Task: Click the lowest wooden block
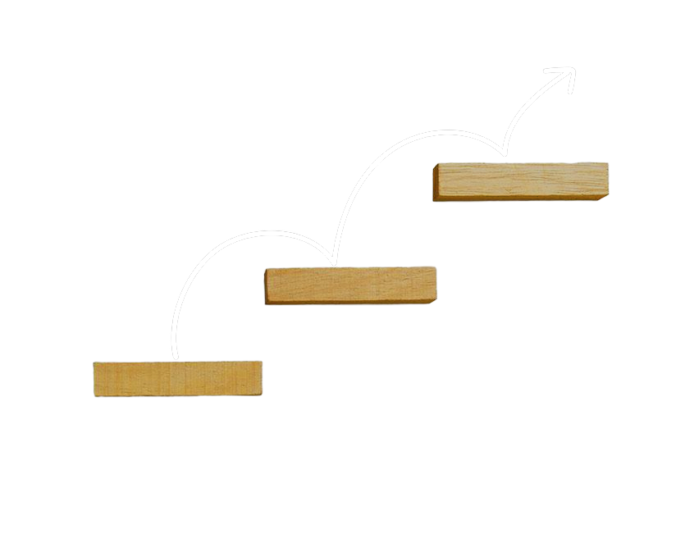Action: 177,378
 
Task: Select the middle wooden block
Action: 350,285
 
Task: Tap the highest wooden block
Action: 521,180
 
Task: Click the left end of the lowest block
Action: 97,378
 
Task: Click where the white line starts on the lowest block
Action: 175,359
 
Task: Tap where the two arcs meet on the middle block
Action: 333,265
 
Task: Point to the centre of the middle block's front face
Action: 350,285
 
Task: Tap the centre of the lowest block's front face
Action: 177,379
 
